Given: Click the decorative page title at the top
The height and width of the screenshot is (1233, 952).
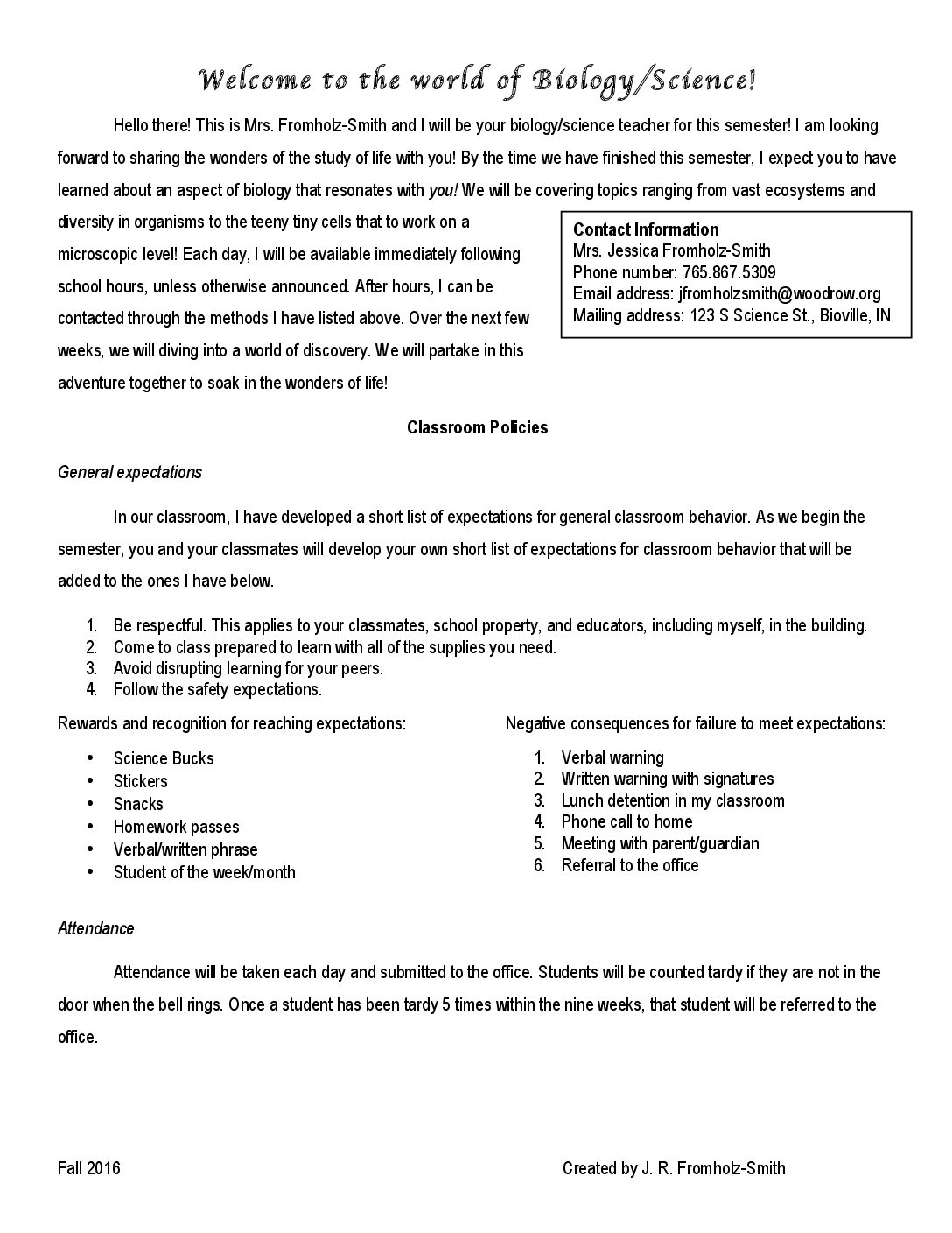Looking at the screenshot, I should [477, 81].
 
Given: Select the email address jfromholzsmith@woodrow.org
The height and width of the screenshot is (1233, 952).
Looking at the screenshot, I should [780, 293].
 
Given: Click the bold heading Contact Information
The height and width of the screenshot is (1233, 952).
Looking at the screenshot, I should [646, 229].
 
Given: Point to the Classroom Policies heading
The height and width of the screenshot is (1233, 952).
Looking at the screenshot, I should [477, 427].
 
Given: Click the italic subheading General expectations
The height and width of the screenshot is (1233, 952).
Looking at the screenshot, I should [129, 472].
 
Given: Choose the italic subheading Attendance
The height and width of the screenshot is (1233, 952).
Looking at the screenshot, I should [96, 928].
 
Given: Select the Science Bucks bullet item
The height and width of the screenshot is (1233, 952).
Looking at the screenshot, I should [164, 758].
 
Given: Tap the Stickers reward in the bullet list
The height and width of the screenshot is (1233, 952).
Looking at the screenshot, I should [140, 781].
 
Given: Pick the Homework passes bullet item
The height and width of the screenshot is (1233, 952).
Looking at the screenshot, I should [176, 827].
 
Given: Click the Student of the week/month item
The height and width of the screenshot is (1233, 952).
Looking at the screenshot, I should [204, 872].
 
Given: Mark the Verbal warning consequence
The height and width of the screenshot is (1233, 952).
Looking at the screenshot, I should [612, 757].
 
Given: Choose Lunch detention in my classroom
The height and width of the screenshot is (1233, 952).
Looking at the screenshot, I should [673, 800].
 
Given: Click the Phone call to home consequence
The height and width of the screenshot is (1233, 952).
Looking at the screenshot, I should [626, 821].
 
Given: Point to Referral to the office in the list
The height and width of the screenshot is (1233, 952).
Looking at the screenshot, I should [630, 865].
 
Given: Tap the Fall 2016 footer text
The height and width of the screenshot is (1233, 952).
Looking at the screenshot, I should [89, 1168].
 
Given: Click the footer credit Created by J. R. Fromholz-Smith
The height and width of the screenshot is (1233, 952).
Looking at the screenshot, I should [674, 1168].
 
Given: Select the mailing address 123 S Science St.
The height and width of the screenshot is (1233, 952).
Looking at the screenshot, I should [748, 315].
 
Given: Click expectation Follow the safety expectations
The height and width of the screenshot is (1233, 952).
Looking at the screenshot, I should [218, 689].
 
